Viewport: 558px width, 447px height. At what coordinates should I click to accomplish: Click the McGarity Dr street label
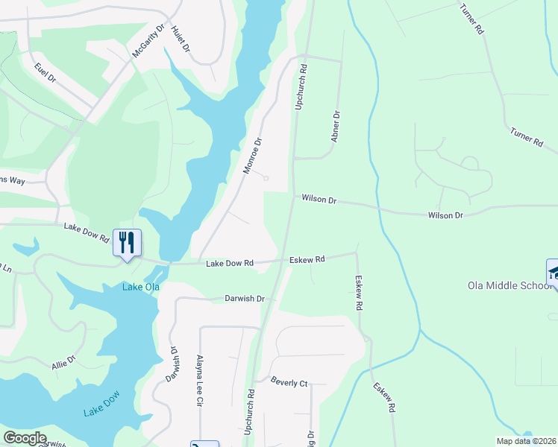(x=148, y=41)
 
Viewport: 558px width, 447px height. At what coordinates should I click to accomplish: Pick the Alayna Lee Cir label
(x=199, y=380)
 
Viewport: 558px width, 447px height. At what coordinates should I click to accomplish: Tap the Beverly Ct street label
(x=289, y=382)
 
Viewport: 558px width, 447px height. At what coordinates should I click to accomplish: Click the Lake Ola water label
(x=141, y=288)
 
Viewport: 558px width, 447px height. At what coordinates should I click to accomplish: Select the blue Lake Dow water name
(x=102, y=407)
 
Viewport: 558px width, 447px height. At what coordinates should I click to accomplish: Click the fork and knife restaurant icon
(x=126, y=242)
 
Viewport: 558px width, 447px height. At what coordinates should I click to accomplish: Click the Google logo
(x=25, y=438)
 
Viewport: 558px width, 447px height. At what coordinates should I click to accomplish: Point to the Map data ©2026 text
(x=526, y=441)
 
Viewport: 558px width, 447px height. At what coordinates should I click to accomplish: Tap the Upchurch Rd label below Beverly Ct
(x=250, y=411)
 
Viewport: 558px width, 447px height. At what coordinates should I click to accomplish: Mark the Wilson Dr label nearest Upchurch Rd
(x=320, y=200)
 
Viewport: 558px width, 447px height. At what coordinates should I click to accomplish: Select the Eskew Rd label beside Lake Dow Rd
(x=309, y=259)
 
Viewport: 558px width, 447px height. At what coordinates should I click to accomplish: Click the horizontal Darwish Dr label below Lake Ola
(x=245, y=298)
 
